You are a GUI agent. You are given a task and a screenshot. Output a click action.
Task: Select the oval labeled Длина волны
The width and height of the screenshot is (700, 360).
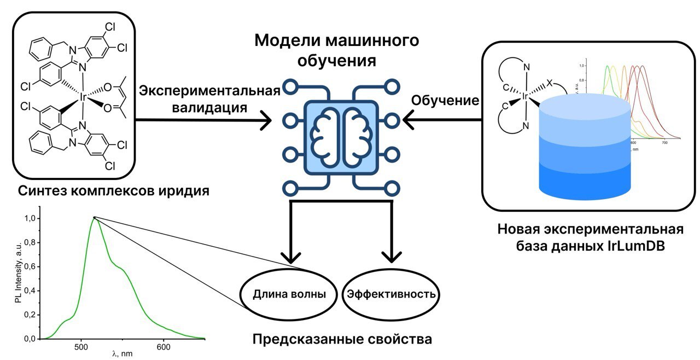tap(289, 294)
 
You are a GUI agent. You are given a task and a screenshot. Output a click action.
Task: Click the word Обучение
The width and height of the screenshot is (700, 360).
tap(445, 101)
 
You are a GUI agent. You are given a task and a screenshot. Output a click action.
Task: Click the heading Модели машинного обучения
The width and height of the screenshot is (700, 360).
tap(336, 50)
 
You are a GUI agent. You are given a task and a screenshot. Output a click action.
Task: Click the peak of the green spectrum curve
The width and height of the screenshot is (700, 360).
tap(94, 218)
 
